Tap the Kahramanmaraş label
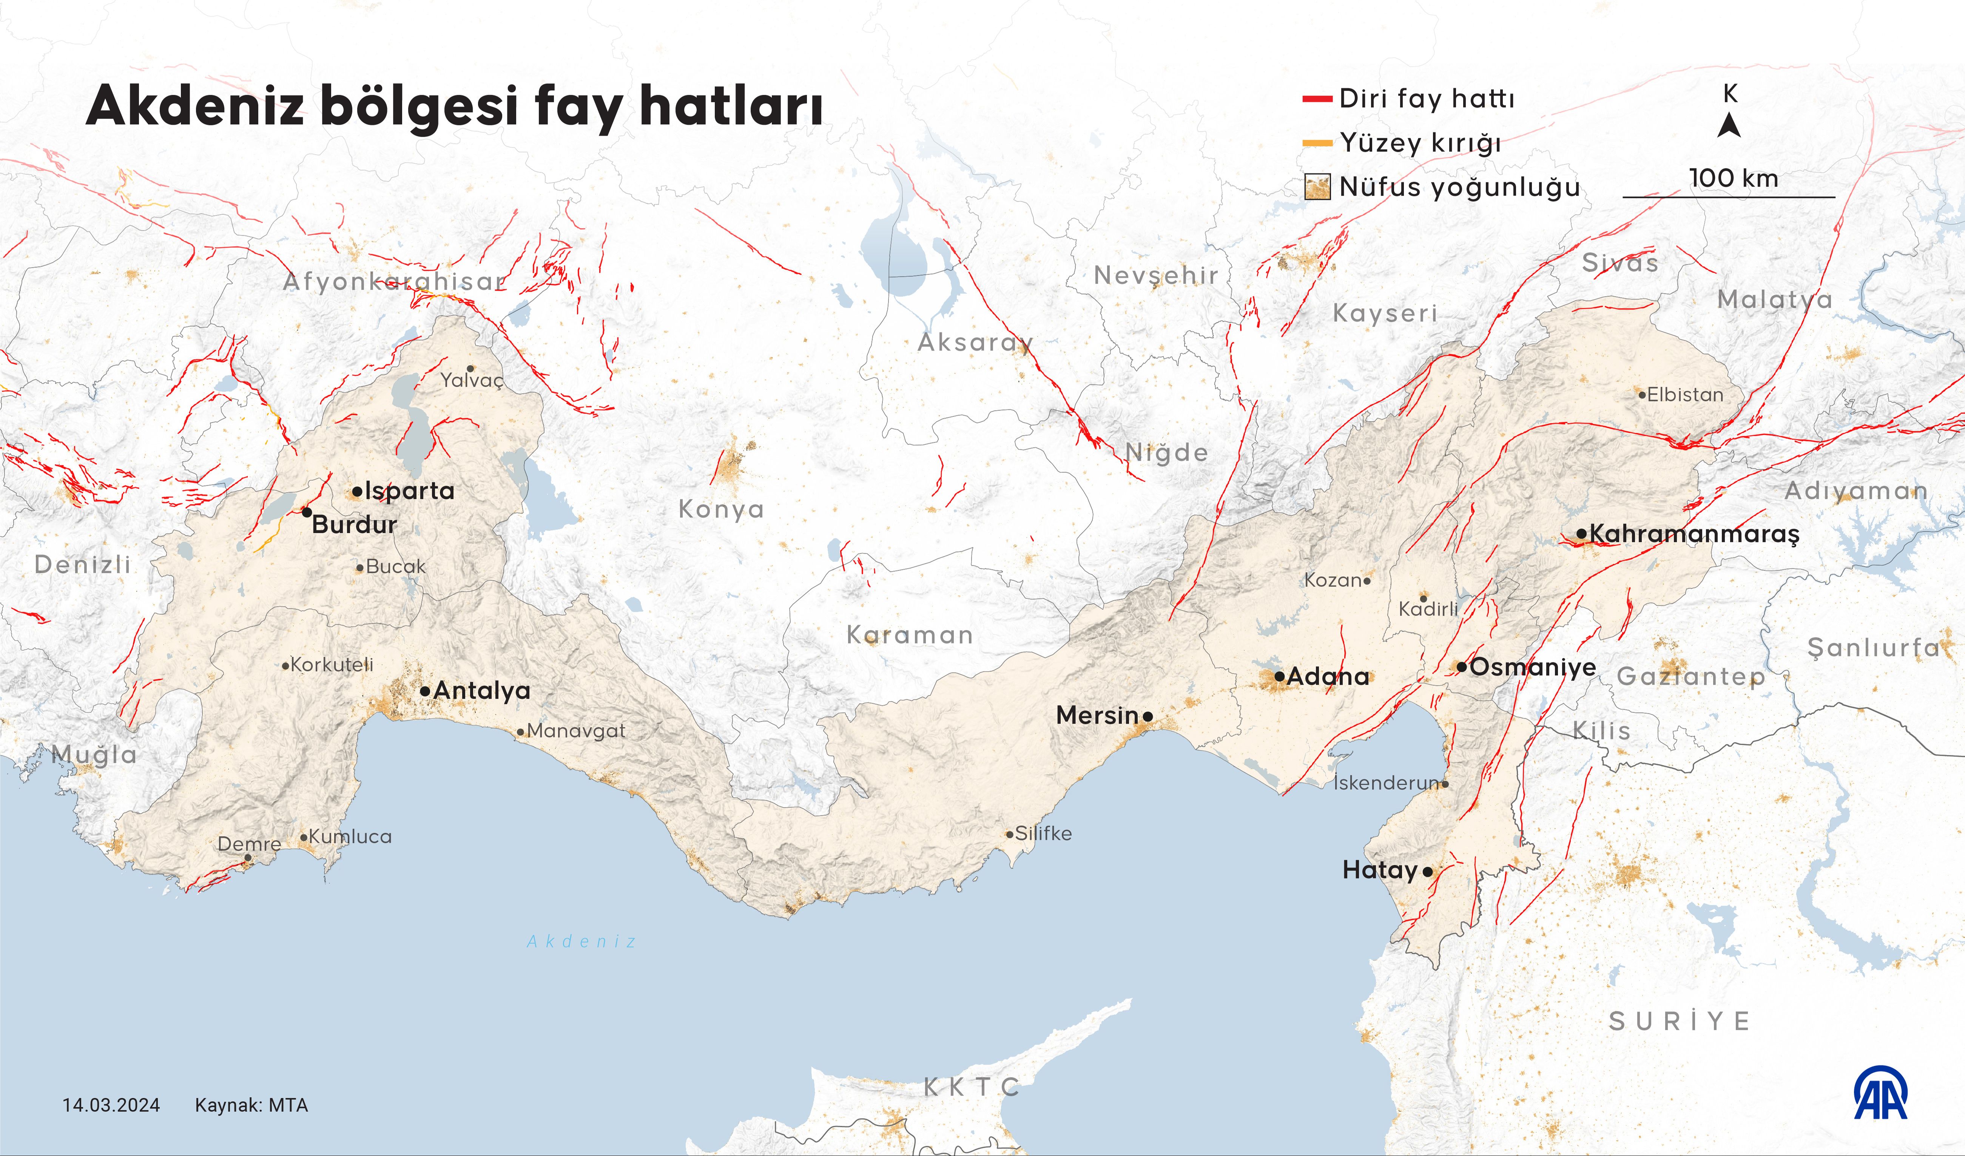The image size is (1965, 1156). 1694,534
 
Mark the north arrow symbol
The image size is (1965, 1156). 1729,125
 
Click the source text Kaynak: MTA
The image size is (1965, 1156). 251,1105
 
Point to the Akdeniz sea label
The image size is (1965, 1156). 582,941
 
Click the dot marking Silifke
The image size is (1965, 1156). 1010,835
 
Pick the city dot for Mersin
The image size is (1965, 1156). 1148,716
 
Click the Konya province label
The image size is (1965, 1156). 721,509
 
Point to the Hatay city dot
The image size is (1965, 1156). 1428,872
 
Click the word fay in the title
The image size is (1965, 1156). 578,107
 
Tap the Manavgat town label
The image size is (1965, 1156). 576,731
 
